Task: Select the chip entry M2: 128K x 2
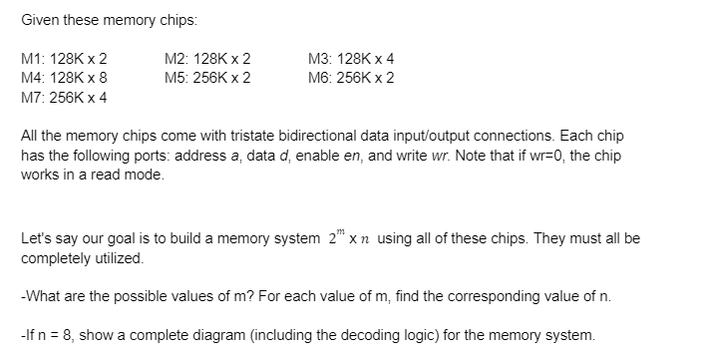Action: pos(207,58)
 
